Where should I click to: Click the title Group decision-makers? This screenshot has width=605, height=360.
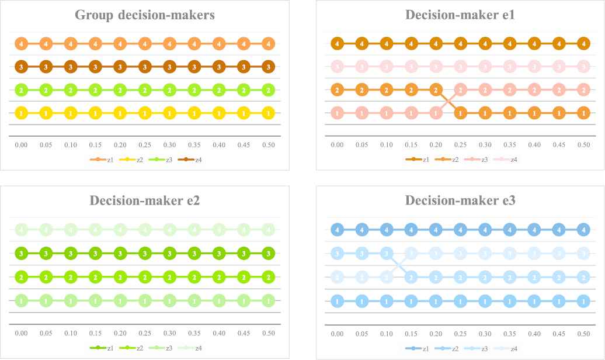click(x=145, y=15)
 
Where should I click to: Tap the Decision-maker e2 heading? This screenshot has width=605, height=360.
click(x=145, y=201)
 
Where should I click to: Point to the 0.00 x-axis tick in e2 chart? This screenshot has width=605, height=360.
click(x=21, y=333)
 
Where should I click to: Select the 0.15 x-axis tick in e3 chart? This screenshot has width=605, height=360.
click(x=410, y=333)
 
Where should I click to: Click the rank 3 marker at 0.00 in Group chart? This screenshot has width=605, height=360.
click(x=21, y=67)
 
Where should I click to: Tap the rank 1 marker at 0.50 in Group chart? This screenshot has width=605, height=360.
click(x=268, y=113)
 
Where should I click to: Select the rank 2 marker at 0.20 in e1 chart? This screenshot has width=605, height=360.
click(x=434, y=90)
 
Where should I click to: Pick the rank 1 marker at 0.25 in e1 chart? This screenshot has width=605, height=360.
click(x=460, y=113)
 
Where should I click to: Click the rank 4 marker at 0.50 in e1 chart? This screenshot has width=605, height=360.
click(x=582, y=43)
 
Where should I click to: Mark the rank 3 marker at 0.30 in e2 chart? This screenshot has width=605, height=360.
click(x=169, y=254)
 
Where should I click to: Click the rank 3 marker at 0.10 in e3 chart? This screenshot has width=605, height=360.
click(x=385, y=254)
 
